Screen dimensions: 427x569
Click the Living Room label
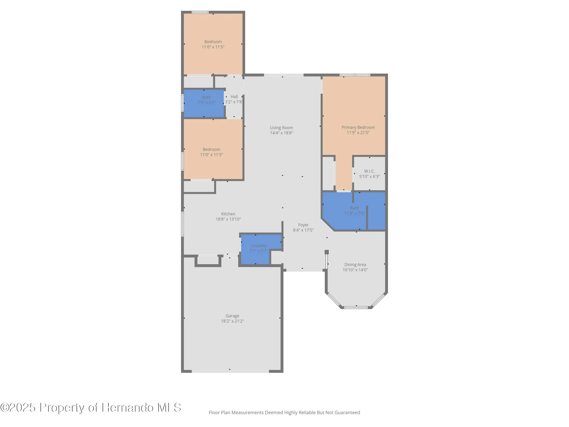click(281, 128)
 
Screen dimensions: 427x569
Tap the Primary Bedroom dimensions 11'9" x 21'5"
click(358, 133)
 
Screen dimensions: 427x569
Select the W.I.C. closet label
click(369, 171)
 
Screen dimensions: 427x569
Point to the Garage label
click(232, 316)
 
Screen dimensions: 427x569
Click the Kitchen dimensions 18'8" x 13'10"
click(228, 219)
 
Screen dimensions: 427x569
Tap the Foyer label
click(303, 225)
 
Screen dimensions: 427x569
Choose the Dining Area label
click(355, 264)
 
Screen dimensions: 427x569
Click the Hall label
click(234, 97)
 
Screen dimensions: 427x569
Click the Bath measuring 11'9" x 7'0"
click(354, 210)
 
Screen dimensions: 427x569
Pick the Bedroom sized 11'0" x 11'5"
click(213, 44)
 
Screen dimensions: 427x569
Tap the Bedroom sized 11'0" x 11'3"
click(211, 152)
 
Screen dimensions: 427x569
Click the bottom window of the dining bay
click(356, 307)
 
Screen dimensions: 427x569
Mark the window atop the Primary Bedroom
click(355, 75)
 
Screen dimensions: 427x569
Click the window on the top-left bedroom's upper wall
click(200, 12)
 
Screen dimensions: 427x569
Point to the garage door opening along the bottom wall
click(230, 371)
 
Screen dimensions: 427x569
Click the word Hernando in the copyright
click(128, 408)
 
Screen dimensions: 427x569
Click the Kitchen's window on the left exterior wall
click(182, 224)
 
